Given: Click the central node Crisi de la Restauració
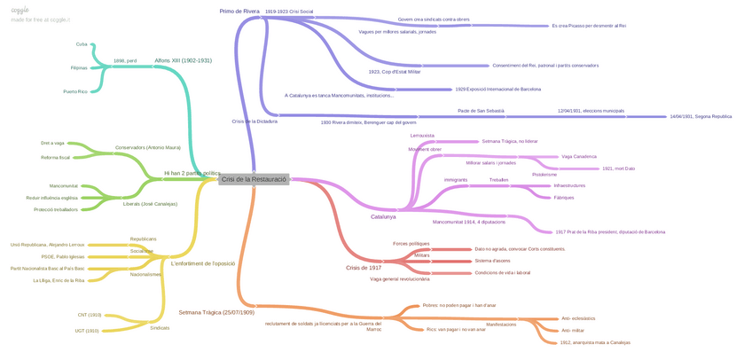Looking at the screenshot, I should (254, 179).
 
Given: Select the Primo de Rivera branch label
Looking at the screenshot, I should (239, 11).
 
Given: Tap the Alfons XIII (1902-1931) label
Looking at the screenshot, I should (183, 60).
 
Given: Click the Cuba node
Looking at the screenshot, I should (82, 43).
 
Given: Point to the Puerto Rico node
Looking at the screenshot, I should (75, 91).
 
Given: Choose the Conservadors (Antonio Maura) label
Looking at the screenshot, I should (148, 147).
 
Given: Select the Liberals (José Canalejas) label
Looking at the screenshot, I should (150, 204).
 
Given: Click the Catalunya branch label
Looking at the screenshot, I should (383, 216).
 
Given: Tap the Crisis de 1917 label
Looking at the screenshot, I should (364, 267).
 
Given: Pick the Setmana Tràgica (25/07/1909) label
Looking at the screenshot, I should (216, 312).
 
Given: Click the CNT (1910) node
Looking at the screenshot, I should (89, 315).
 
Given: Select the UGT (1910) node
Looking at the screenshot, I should (87, 331).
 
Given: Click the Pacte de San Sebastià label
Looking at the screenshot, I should (481, 111).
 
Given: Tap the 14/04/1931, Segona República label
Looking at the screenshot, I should (701, 116).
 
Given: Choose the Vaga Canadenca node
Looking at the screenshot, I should (579, 156).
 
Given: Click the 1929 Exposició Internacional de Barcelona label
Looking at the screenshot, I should (497, 89).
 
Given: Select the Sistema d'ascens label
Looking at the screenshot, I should (492, 261).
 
